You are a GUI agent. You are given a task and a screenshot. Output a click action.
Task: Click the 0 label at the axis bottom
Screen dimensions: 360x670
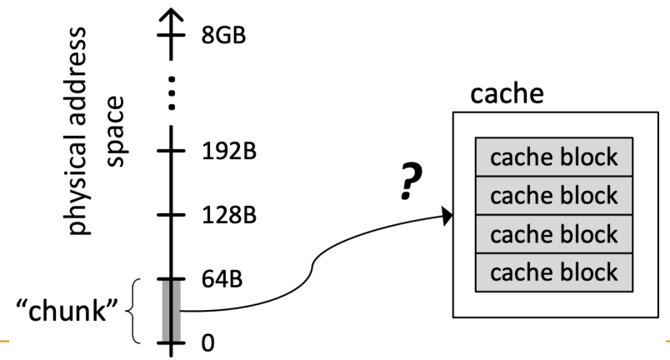(207, 342)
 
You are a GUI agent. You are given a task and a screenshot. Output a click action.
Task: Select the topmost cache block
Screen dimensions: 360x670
(553, 157)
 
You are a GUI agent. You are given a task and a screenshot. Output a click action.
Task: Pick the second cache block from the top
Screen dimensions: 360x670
(553, 195)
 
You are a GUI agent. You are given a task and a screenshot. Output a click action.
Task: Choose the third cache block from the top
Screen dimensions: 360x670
(553, 233)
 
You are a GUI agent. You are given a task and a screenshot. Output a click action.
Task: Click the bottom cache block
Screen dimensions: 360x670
(553, 272)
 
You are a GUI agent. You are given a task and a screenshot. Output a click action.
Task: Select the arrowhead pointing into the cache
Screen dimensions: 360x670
(447, 217)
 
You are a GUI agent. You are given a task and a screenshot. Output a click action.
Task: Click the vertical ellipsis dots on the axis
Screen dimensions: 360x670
(172, 94)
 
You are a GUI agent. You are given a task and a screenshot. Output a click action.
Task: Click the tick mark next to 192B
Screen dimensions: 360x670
(172, 153)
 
